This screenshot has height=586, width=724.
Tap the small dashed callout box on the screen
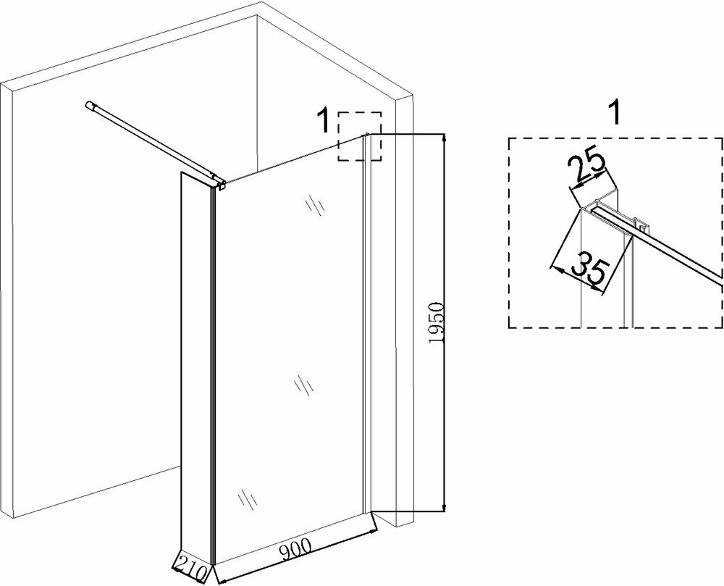(x=361, y=136)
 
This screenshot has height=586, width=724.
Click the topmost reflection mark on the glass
(x=313, y=206)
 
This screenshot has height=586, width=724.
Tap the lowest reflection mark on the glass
(x=246, y=500)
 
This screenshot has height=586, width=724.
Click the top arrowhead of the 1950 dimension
(x=442, y=139)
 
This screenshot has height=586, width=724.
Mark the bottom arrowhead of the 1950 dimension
(x=442, y=507)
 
